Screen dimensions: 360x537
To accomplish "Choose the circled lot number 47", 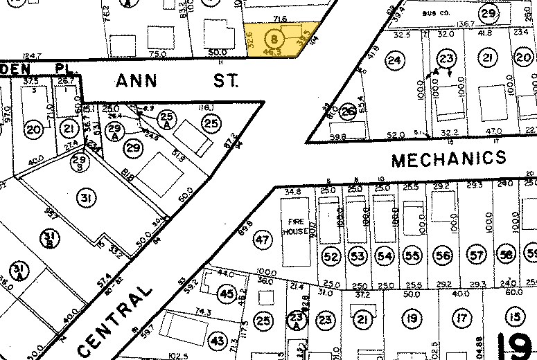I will [x=261, y=241].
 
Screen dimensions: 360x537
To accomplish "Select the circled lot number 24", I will [x=394, y=60].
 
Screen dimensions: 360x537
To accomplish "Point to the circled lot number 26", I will [x=348, y=110].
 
